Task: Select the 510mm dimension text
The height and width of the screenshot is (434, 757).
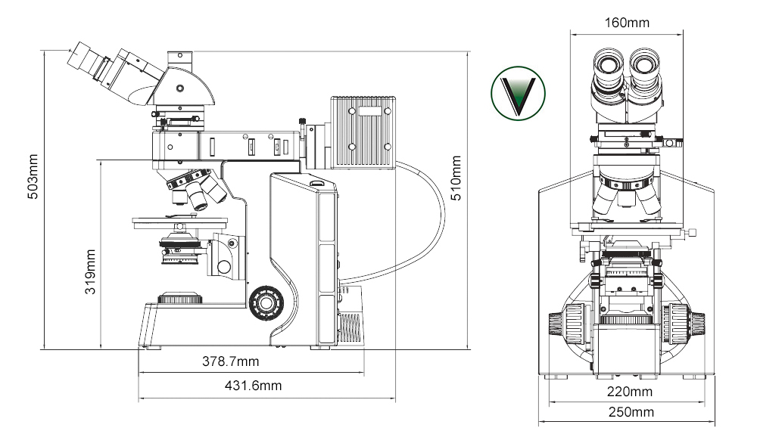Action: (x=455, y=178)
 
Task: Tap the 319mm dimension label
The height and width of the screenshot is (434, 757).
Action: (x=90, y=272)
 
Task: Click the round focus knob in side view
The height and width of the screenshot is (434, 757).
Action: (x=265, y=302)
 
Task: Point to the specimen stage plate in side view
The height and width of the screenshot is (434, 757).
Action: (x=179, y=222)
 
